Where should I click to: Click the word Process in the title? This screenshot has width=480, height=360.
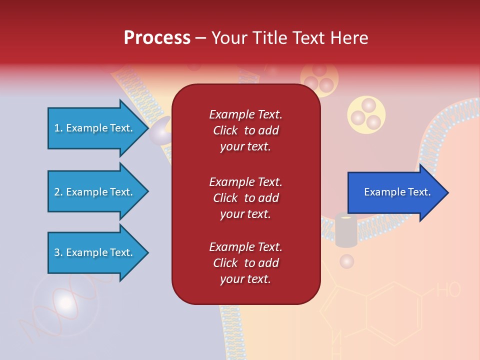[157, 38]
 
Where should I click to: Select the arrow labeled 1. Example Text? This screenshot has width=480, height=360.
[95, 128]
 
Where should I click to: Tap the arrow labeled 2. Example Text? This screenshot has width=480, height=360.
[95, 192]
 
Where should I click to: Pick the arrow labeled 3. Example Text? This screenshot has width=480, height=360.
[95, 252]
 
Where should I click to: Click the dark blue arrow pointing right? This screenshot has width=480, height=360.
[395, 192]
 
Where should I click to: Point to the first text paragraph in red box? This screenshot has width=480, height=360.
[245, 130]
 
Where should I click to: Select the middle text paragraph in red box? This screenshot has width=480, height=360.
[245, 198]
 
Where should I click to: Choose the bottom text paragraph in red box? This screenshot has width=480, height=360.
[245, 263]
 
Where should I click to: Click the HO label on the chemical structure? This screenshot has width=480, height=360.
[448, 290]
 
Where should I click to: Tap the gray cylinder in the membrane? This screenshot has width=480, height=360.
[346, 230]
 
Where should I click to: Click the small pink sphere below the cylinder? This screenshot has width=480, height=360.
[346, 261]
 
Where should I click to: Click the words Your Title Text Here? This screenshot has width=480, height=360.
[289, 38]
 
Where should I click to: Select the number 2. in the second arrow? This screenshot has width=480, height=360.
[58, 192]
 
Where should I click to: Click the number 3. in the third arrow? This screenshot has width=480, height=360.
[58, 252]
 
